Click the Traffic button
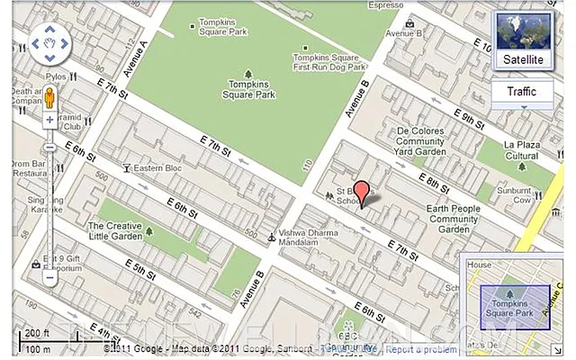521,92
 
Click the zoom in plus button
49,120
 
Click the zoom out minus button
49,278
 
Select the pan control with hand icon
50,44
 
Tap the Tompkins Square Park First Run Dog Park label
329,59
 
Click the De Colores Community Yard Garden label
420,141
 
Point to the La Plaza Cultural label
521,149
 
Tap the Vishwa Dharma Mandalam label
310,236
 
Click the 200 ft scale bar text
36,334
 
